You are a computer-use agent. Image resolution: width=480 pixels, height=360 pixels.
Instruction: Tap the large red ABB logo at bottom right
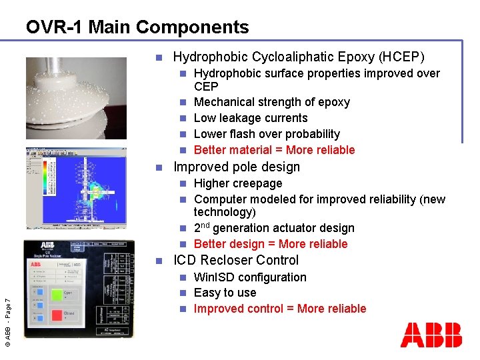431,335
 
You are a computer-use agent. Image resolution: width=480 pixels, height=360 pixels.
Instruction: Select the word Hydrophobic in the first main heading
209,57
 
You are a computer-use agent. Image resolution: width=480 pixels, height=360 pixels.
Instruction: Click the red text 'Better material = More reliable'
274,150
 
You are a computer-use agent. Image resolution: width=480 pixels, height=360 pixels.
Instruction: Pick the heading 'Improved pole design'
237,167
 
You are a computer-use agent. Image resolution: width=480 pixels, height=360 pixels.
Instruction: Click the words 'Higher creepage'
238,183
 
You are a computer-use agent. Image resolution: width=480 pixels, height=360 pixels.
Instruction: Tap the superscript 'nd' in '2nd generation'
207,225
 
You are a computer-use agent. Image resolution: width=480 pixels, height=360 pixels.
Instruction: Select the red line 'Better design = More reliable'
271,244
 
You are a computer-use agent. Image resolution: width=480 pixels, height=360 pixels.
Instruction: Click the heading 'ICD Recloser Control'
236,260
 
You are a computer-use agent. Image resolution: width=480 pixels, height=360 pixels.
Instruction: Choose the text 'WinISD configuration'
250,277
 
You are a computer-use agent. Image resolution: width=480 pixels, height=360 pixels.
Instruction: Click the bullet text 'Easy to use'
225,293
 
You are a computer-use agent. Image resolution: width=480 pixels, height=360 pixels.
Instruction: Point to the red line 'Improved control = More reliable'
280,309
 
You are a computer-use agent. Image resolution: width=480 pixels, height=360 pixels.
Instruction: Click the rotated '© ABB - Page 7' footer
7,313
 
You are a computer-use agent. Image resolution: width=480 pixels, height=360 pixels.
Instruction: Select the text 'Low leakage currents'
251,118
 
